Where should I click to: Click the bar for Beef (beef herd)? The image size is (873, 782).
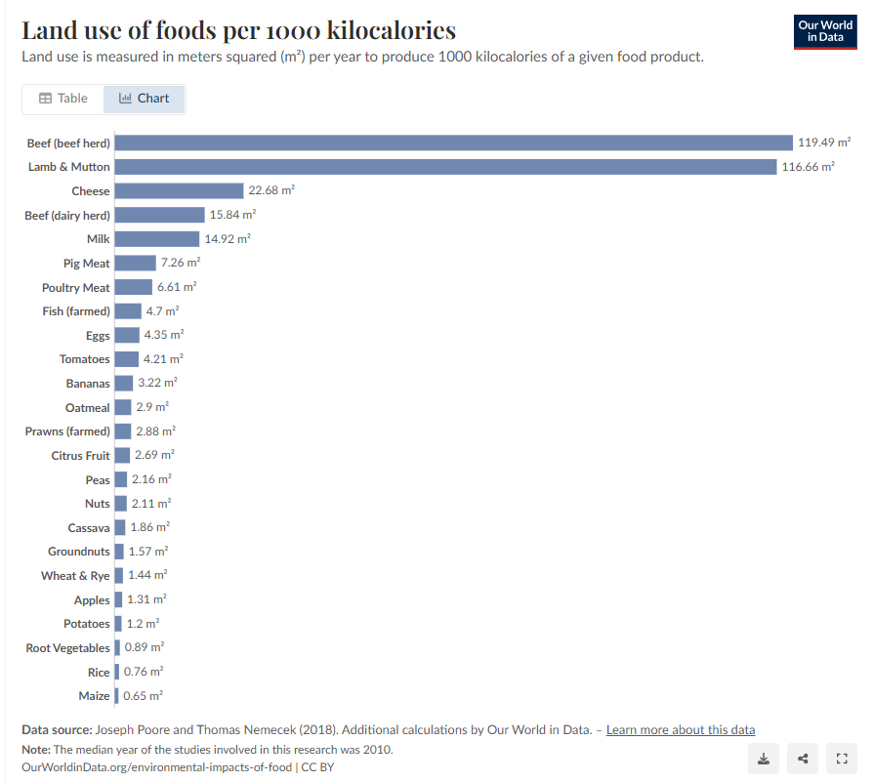453,143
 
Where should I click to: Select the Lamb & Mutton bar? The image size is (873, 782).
446,167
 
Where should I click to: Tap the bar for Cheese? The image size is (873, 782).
179,190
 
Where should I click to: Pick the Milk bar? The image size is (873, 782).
156,238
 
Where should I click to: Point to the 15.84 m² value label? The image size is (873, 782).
232,215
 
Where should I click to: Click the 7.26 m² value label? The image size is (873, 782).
180,263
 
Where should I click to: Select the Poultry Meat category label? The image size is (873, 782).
76,287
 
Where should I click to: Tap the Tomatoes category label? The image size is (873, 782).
84,359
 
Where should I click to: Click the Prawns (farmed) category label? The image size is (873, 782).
67,432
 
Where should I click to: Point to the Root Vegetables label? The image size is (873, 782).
67,648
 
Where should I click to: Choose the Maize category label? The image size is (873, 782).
94,696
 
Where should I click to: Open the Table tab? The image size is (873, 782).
63,99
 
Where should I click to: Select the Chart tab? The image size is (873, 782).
144,99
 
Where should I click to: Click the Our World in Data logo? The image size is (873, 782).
824,31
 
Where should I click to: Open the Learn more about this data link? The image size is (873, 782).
680,730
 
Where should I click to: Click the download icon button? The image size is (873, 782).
764,759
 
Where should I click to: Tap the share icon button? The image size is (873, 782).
803,759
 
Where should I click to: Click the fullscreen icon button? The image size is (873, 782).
841,759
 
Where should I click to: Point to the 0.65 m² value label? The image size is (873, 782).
143,696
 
